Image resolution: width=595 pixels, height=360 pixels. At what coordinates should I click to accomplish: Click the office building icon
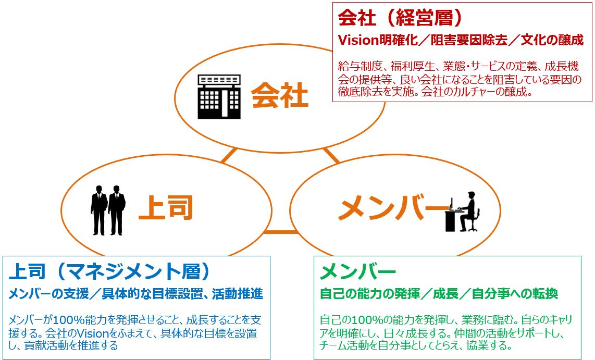coord(219,97)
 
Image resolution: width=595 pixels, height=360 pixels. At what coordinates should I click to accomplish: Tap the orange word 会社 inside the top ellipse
coord(279,95)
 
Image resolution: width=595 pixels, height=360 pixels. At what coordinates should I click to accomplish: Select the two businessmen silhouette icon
coord(108,210)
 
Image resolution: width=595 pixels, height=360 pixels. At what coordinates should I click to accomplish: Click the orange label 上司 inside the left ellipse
coord(166,207)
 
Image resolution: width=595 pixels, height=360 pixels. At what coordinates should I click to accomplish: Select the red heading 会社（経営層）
coord(401,18)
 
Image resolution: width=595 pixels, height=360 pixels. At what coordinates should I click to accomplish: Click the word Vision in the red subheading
coord(358,40)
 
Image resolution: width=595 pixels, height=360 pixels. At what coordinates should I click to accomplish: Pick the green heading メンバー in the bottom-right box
coord(358,271)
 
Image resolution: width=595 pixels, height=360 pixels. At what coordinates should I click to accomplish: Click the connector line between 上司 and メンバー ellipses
coord(281,232)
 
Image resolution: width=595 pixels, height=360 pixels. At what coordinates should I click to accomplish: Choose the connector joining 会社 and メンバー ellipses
coord(331,155)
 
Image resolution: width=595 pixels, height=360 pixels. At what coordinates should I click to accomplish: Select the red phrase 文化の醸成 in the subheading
coord(552,40)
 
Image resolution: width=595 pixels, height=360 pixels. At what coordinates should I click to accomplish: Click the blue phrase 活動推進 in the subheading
coord(238,293)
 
